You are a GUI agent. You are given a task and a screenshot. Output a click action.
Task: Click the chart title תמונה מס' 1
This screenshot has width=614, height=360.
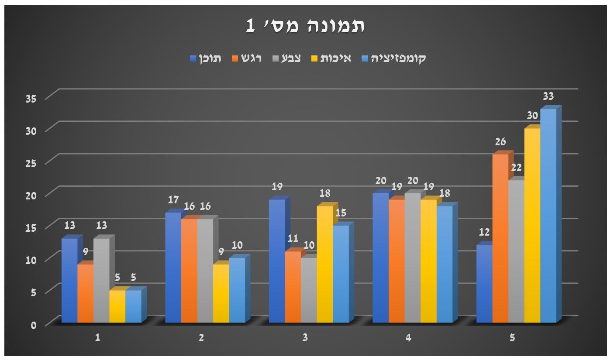pos(305,26)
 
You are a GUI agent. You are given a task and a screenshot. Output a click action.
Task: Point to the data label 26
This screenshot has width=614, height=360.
pos(500,142)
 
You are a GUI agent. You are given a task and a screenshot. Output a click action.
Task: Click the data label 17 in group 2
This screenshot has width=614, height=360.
pos(173,200)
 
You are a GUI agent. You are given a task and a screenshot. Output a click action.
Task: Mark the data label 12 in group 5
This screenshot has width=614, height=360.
pos(485,232)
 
